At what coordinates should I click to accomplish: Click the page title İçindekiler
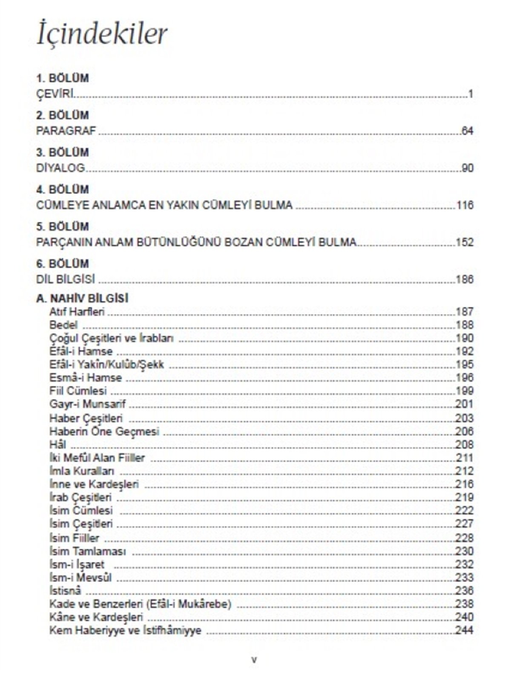(x=102, y=34)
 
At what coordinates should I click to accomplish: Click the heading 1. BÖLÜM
(x=62, y=78)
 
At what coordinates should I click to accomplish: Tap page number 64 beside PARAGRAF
(x=467, y=131)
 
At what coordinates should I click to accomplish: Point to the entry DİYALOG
(x=60, y=168)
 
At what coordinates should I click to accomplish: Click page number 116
(x=465, y=205)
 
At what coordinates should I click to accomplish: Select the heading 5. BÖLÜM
(x=62, y=226)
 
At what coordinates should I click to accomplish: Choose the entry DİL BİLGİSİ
(x=66, y=279)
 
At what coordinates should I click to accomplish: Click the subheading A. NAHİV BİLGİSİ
(x=82, y=298)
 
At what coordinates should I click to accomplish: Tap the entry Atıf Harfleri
(x=77, y=312)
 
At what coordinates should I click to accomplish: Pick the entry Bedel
(x=63, y=325)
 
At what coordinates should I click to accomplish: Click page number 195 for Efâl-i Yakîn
(x=465, y=364)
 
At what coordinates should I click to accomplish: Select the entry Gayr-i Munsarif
(x=87, y=404)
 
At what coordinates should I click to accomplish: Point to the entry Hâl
(x=57, y=445)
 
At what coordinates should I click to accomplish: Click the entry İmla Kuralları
(x=81, y=471)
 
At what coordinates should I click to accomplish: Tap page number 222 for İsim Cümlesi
(x=465, y=511)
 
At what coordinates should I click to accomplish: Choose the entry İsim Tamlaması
(x=87, y=551)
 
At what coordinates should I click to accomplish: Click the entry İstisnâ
(x=65, y=591)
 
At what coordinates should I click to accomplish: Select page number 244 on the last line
(x=465, y=630)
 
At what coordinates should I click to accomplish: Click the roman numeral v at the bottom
(x=254, y=660)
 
